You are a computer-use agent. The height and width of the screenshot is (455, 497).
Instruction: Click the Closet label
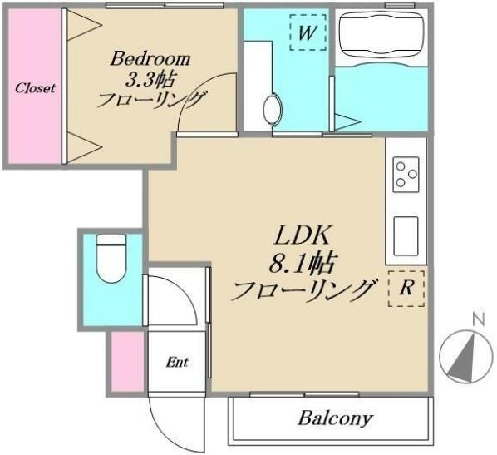(x=35, y=88)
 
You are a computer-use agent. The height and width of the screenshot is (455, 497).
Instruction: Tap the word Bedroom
(x=150, y=59)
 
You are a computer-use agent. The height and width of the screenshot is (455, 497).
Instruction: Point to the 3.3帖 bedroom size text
(x=150, y=80)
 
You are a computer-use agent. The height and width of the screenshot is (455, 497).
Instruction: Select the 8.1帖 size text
(x=302, y=264)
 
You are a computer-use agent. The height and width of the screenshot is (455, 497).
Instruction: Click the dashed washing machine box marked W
(x=308, y=32)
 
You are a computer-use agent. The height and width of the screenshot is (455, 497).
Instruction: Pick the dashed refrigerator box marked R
(x=406, y=289)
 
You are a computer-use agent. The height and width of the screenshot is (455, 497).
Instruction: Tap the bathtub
(x=381, y=35)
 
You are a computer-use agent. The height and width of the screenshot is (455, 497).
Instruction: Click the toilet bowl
(x=111, y=259)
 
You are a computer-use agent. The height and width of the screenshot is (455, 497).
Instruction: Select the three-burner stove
(x=406, y=175)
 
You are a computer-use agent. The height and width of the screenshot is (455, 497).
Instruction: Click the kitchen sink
(x=406, y=235)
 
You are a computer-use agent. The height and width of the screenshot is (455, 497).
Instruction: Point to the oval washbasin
(x=273, y=109)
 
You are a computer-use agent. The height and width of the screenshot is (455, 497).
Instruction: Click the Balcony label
(x=335, y=418)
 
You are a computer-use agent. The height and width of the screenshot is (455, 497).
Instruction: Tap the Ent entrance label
(x=177, y=362)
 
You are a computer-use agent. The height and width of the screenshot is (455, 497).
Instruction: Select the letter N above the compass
(x=478, y=319)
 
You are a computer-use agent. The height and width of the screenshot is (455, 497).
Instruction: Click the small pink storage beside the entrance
(x=127, y=362)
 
